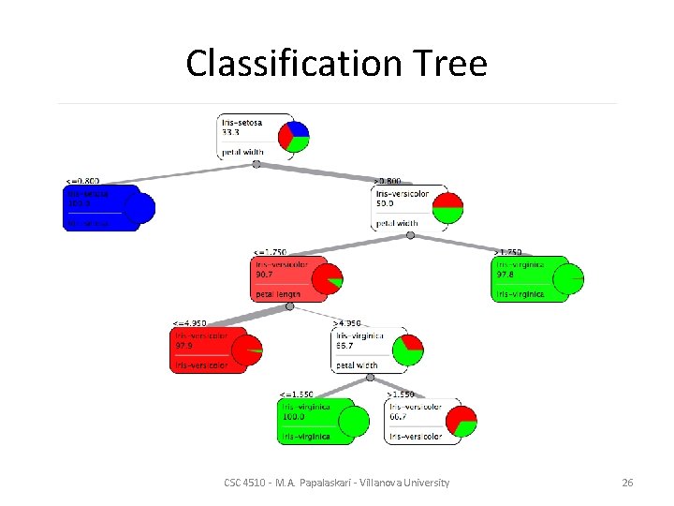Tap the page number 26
(x=627, y=483)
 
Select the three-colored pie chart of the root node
(x=297, y=135)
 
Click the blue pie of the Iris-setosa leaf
(x=139, y=208)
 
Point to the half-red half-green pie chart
(x=447, y=207)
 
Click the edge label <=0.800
(x=82, y=181)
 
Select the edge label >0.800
(x=389, y=181)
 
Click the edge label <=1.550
(x=299, y=394)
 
